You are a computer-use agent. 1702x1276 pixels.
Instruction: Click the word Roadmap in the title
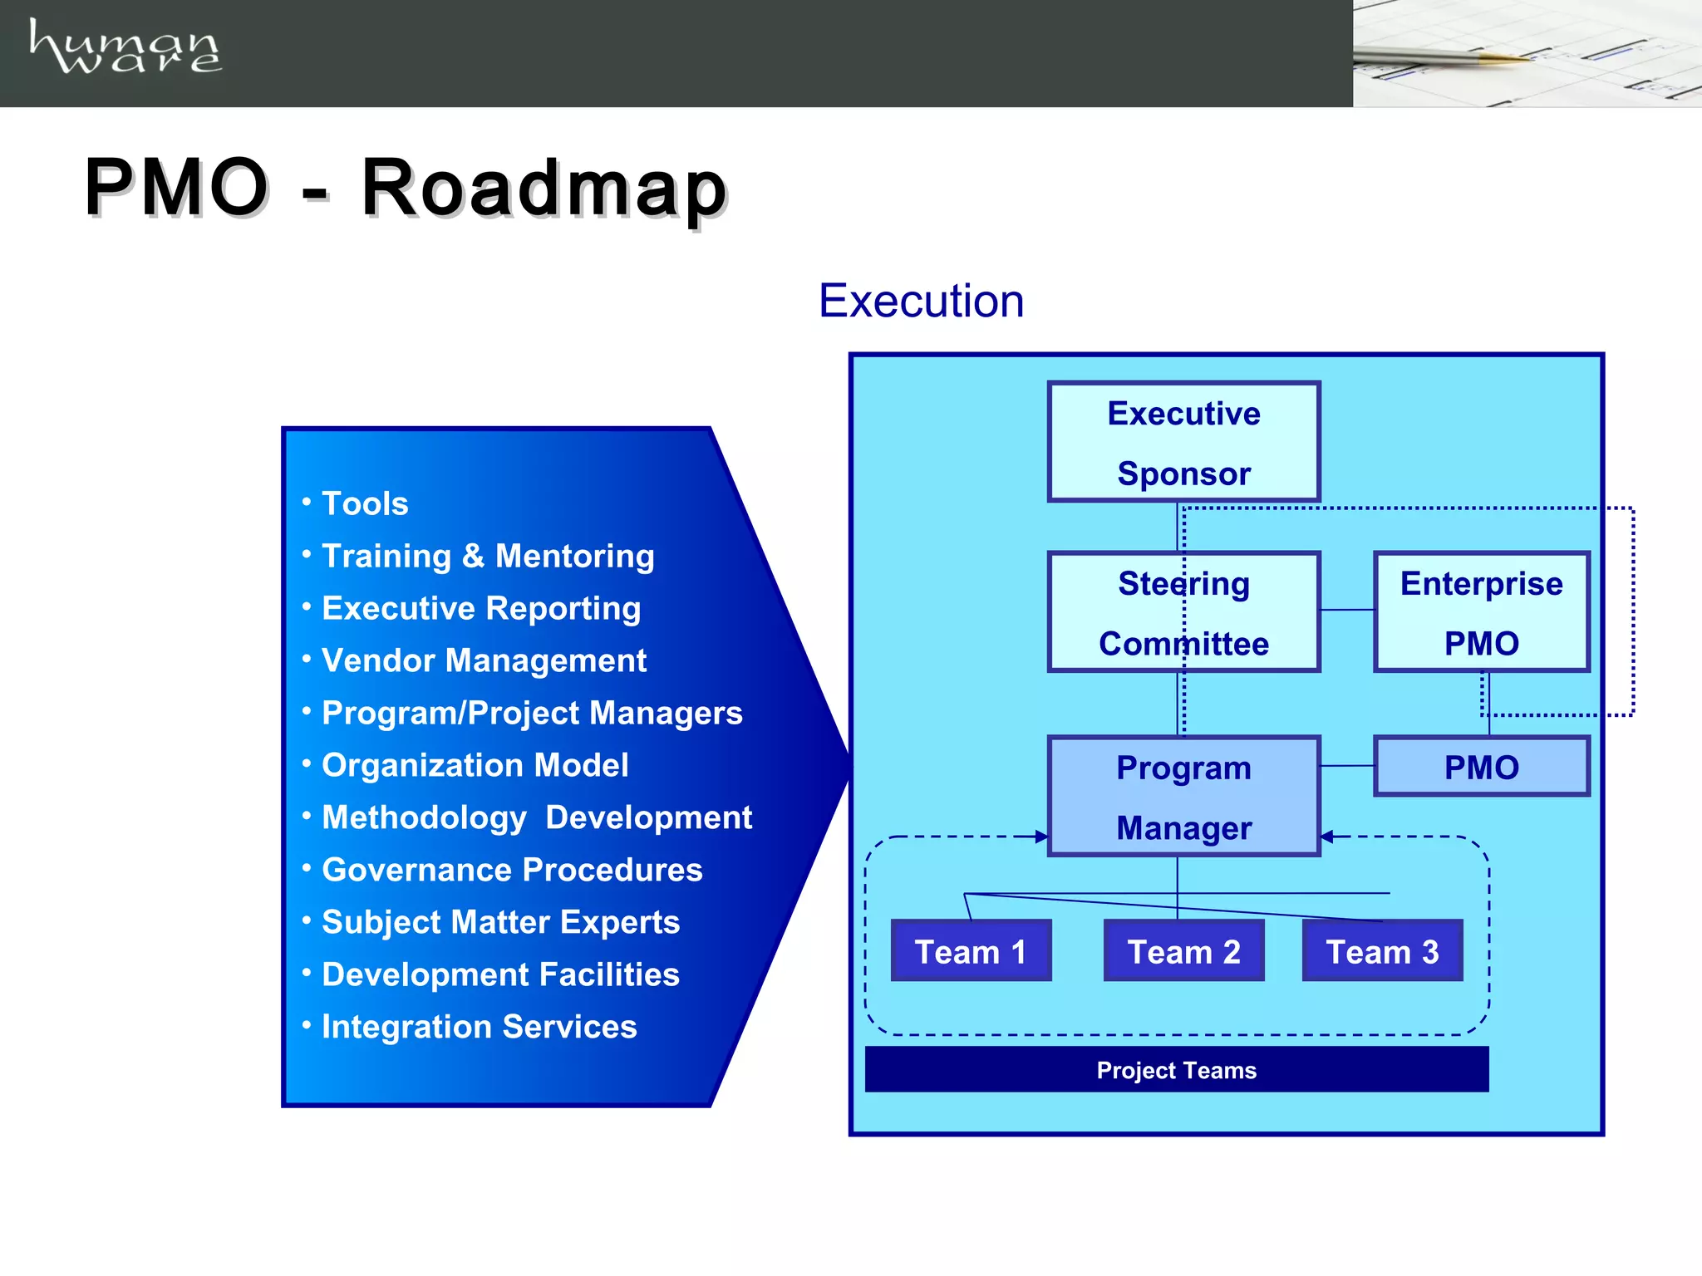544,189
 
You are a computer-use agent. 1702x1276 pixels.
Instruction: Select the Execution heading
921,301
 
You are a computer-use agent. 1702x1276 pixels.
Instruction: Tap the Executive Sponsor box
1183,442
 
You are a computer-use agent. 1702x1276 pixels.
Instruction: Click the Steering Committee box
1183,612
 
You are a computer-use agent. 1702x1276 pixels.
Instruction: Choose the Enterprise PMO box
1481,612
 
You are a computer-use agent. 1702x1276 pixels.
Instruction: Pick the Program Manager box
1183,797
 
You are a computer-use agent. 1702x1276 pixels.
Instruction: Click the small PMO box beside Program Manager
1481,767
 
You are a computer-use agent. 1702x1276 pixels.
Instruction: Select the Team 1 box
971,951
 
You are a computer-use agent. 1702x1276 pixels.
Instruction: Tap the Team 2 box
1183,951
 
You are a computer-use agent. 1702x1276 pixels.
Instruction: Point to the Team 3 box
1382,951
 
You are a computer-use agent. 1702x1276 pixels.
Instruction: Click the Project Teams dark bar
1176,1070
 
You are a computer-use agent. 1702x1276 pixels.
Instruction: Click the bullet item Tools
365,503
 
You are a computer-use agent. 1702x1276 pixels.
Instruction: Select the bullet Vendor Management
484,660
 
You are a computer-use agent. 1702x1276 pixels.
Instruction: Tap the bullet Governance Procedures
512,870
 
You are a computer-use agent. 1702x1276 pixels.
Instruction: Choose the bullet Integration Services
479,1027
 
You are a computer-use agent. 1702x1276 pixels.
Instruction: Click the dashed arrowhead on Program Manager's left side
1041,837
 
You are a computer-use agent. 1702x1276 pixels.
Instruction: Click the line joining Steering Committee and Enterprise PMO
1347,610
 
